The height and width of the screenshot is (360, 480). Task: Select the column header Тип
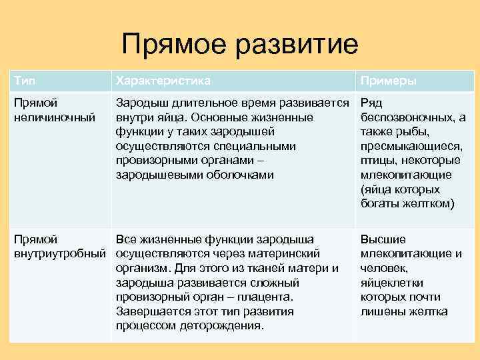coord(25,81)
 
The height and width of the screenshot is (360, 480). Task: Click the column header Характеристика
coord(163,81)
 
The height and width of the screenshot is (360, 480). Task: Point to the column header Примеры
coord(389,81)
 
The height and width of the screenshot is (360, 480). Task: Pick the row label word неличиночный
coord(49,117)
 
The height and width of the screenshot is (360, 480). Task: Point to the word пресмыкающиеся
coord(411,146)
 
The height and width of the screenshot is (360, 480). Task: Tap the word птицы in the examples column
coord(378,161)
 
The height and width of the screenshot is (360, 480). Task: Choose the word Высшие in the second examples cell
coord(383,239)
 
